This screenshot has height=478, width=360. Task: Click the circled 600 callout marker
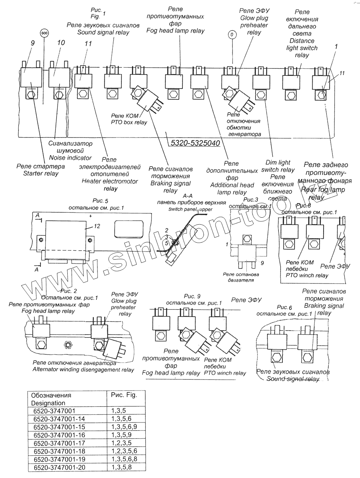point(44,33)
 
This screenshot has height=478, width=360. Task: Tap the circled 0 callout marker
point(232,35)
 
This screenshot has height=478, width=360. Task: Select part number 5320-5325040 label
point(195,143)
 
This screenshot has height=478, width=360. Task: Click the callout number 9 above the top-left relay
point(32,43)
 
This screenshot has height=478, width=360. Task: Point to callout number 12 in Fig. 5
point(97,226)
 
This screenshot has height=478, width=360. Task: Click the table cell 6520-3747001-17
point(59,443)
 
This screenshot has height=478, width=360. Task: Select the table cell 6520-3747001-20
point(59,467)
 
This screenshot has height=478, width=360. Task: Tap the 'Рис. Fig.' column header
point(124,395)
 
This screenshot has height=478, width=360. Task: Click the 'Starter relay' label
point(41,174)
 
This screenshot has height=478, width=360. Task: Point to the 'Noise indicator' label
point(70,158)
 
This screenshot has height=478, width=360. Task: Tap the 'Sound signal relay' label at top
point(103,32)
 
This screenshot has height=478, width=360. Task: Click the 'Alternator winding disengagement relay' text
point(83,370)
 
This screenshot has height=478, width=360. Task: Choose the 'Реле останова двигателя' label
point(241,277)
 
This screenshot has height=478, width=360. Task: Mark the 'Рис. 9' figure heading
point(192,296)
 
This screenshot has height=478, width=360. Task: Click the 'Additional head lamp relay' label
point(232,189)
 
